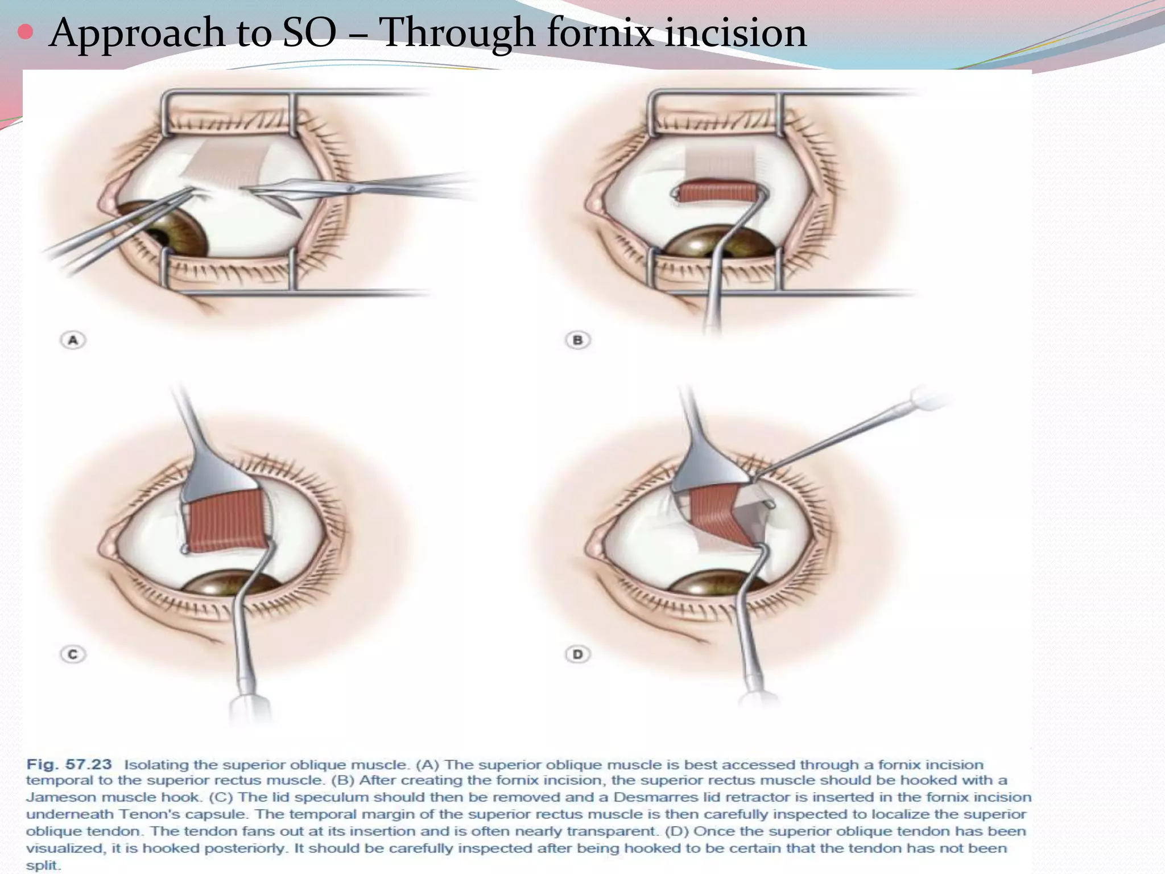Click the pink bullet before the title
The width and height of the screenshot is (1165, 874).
click(25, 32)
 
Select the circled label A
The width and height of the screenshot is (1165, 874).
click(73, 340)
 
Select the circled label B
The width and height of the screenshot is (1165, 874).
click(577, 340)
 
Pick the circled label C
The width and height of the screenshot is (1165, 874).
click(73, 654)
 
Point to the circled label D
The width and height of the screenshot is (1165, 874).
click(577, 654)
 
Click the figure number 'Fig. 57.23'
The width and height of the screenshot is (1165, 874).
click(69, 764)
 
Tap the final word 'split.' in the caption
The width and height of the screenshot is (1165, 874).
click(43, 865)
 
